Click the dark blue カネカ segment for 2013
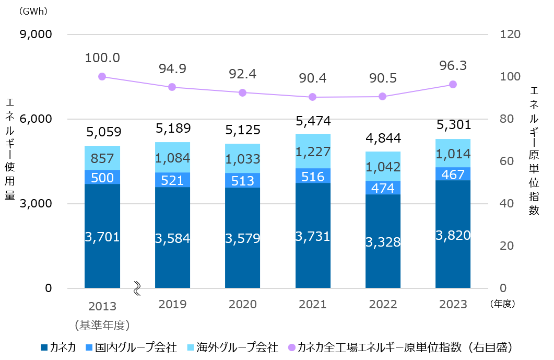coord(102,236)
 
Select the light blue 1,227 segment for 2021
coord(313,151)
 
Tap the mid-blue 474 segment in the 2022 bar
coord(383,188)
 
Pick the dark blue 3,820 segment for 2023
coord(453,234)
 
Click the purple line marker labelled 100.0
coord(102,77)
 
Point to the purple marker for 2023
coord(453,85)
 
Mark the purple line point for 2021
coord(313,97)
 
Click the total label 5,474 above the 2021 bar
coord(313,122)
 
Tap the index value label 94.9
coord(172,68)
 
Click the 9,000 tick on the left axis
coord(35,34)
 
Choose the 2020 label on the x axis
coord(242,305)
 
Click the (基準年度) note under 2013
coord(102,325)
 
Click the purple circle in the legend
coord(291,347)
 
